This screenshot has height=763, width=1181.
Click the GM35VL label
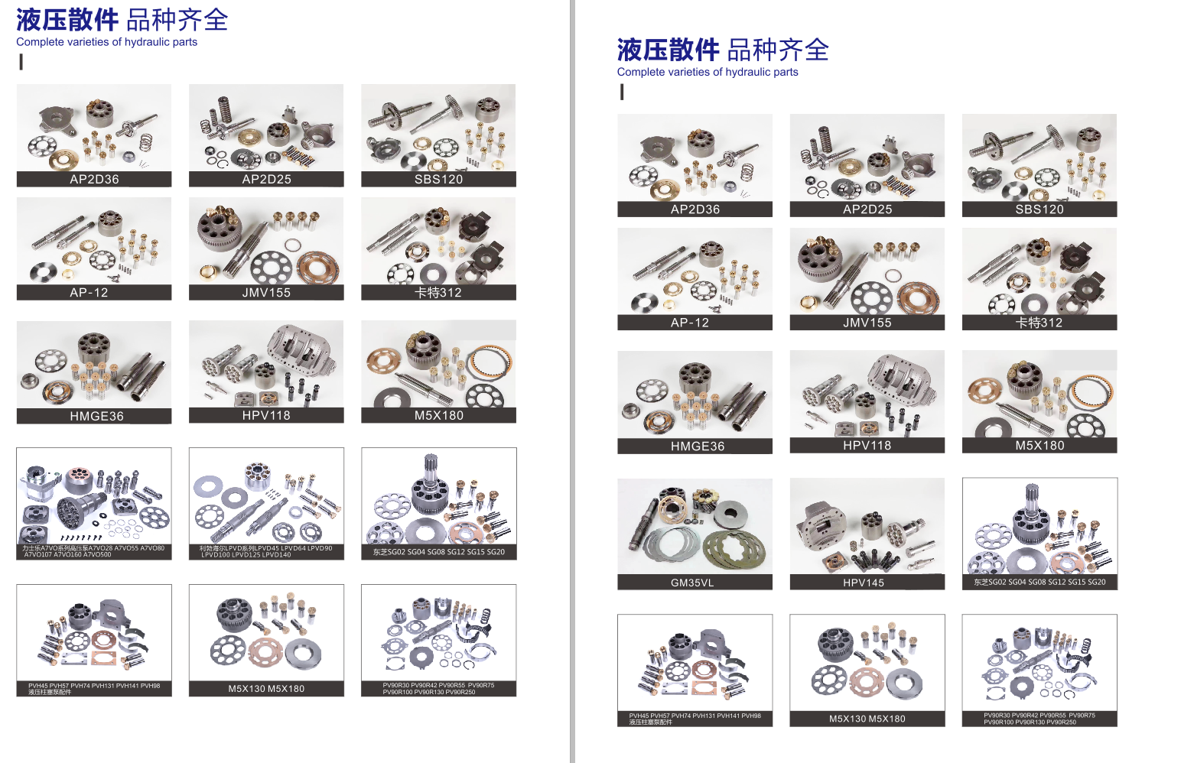(x=692, y=583)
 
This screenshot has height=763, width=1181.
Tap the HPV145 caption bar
(x=864, y=583)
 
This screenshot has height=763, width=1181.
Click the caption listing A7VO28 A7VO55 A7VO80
(x=94, y=551)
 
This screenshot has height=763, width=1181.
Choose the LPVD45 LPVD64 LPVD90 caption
(x=266, y=551)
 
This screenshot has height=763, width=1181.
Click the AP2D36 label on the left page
(x=94, y=180)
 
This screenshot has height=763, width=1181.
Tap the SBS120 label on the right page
(x=1039, y=209)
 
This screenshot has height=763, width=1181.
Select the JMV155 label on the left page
(x=266, y=293)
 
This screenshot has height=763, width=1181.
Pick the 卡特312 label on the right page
(x=1039, y=323)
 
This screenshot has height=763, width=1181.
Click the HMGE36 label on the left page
(x=96, y=417)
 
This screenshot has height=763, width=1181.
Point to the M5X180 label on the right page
(x=1039, y=446)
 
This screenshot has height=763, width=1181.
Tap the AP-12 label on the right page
(x=690, y=323)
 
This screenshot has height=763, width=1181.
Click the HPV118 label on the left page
(x=266, y=416)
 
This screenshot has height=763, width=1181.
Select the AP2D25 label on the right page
(x=867, y=209)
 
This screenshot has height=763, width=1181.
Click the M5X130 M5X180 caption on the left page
(x=266, y=689)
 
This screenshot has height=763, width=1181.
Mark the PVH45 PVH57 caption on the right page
(x=695, y=719)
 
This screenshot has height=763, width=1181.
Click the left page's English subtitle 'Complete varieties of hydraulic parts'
(x=107, y=42)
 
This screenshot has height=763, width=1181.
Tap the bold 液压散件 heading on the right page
(x=668, y=50)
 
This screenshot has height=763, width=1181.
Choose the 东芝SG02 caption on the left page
(x=439, y=552)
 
